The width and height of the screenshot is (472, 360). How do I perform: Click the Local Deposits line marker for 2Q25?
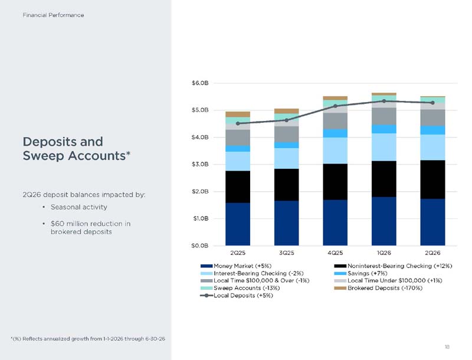[x=238, y=123]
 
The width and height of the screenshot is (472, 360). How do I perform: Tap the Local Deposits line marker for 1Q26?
[x=384, y=101]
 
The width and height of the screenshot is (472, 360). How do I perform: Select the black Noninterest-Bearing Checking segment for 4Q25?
[x=335, y=182]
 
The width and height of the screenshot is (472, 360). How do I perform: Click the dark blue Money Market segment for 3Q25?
[x=286, y=223]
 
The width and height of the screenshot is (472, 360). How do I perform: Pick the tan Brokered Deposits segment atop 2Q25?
[x=238, y=114]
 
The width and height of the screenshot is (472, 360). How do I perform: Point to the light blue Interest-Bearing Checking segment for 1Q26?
[x=384, y=147]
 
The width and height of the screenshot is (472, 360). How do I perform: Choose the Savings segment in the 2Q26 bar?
[x=432, y=130]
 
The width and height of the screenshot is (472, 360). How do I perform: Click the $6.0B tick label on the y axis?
[x=200, y=83]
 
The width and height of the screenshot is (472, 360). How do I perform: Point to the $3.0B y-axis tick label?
[x=200, y=164]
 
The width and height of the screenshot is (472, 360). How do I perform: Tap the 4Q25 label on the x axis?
[x=335, y=253]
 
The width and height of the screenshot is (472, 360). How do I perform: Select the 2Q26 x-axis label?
[x=432, y=253]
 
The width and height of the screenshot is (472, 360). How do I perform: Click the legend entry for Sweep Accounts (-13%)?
[x=240, y=288]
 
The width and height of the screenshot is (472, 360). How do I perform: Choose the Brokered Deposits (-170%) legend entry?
[x=378, y=288]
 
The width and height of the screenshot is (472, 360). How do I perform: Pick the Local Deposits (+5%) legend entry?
[x=237, y=296]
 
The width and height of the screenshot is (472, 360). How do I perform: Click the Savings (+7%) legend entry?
[x=360, y=273]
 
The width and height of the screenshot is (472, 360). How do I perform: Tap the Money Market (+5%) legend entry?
[x=236, y=266]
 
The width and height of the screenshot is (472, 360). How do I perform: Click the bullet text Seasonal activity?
[x=79, y=207]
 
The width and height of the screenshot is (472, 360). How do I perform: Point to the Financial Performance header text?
[x=53, y=15]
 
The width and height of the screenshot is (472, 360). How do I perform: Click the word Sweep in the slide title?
[x=44, y=156]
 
